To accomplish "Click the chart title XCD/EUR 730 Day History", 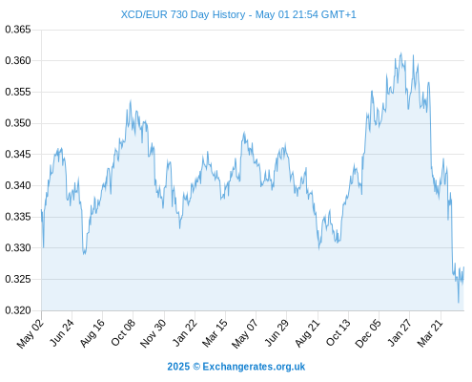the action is coord(183,14).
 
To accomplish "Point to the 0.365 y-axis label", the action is coord(18,30).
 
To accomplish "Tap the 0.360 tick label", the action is coord(18,60).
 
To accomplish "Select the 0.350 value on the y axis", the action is coord(18,123).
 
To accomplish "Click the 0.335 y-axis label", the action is coord(18,217).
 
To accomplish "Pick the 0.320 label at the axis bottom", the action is coord(18,310).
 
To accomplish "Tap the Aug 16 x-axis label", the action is coord(92,332).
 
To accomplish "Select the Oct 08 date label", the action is coord(123,332).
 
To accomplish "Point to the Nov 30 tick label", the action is coord(153,333).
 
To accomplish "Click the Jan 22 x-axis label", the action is coord(184,332).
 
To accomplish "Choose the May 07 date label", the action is coord(244,333).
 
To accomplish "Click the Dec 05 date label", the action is coord(367,333).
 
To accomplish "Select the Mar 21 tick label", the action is coord(430,332).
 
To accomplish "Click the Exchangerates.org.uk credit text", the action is coord(254,367).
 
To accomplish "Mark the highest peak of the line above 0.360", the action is coord(400,53).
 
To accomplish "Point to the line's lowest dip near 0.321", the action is coord(459,303).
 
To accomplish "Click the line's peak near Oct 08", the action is coord(131,100).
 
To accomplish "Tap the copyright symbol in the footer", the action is coord(196,367).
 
